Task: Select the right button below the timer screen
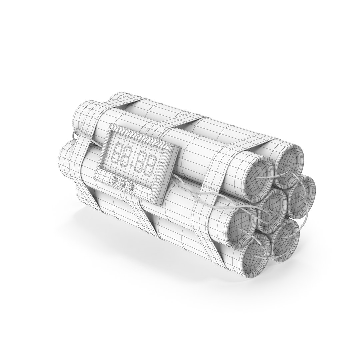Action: pyautogui.click(x=131, y=187)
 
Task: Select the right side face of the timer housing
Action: pyautogui.click(x=168, y=177)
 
